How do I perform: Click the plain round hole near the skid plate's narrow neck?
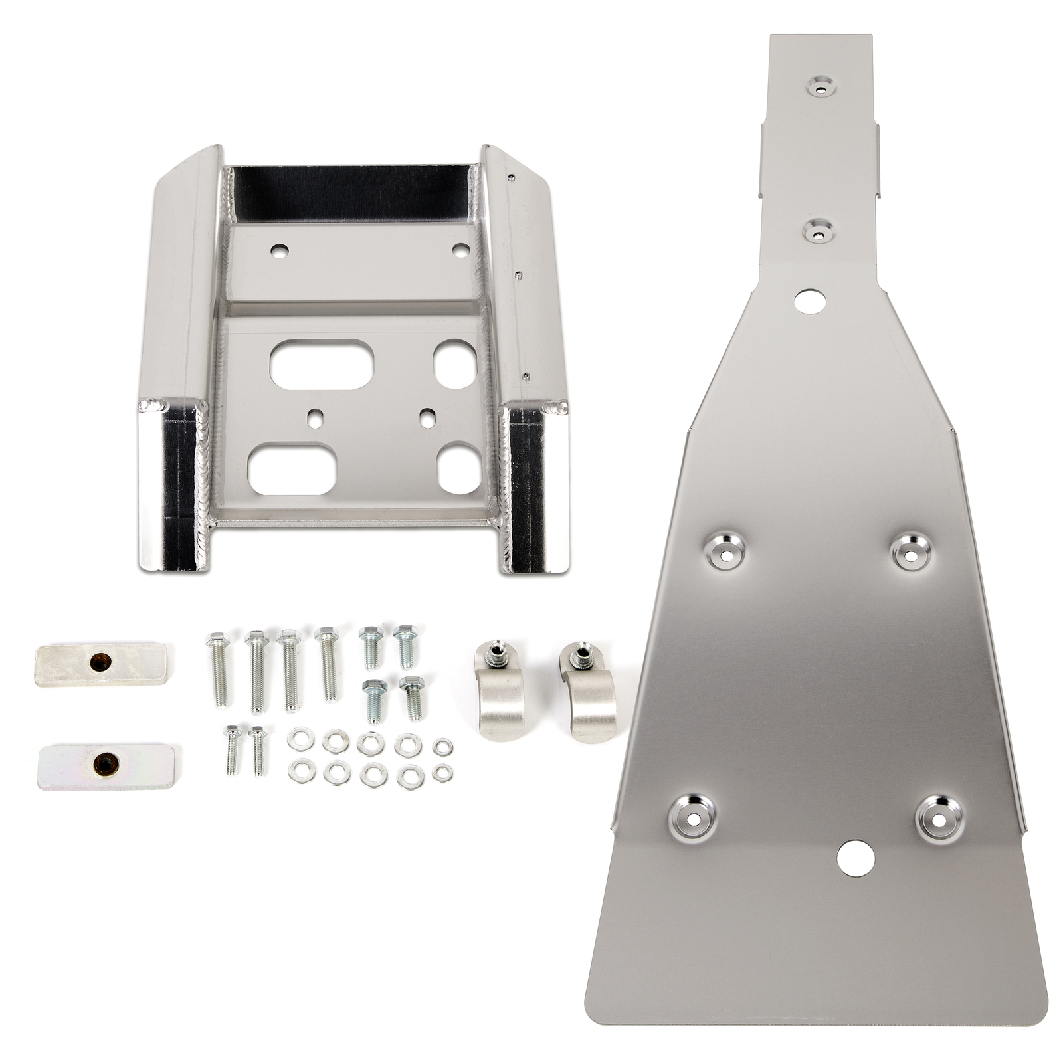[810, 301]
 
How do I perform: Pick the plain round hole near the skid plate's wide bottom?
[854, 857]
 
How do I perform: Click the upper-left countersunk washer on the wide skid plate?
[723, 551]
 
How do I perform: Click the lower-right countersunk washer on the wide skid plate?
[938, 818]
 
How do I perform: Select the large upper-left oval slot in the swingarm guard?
[322, 365]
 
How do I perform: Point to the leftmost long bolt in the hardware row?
[221, 668]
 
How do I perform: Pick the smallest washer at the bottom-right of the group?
[442, 773]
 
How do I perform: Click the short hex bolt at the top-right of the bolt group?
[404, 644]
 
